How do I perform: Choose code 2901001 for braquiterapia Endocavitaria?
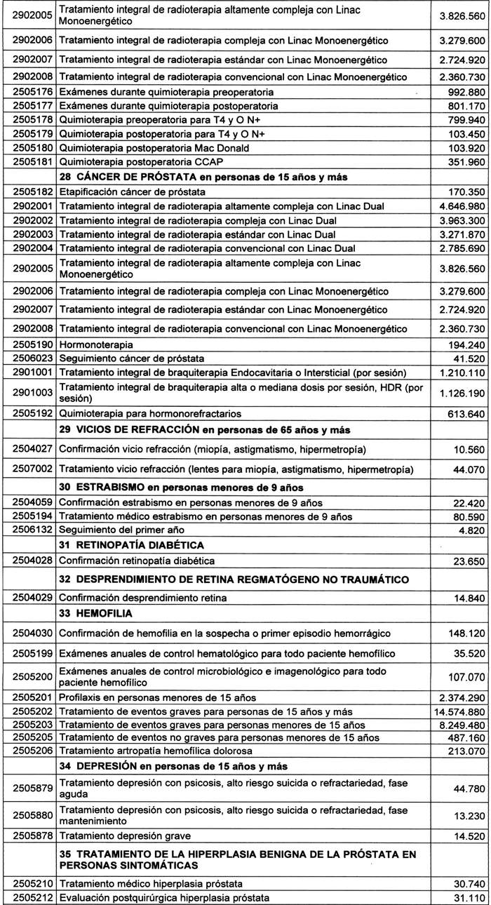[28, 372]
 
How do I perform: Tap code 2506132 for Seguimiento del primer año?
[28, 550]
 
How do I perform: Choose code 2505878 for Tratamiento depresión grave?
[28, 836]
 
